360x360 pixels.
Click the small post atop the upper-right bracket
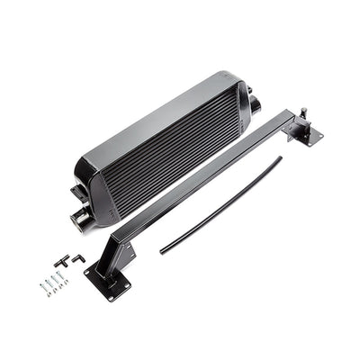(303, 112)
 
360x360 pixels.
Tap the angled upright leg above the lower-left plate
(119, 252)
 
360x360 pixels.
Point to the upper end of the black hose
(278, 160)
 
